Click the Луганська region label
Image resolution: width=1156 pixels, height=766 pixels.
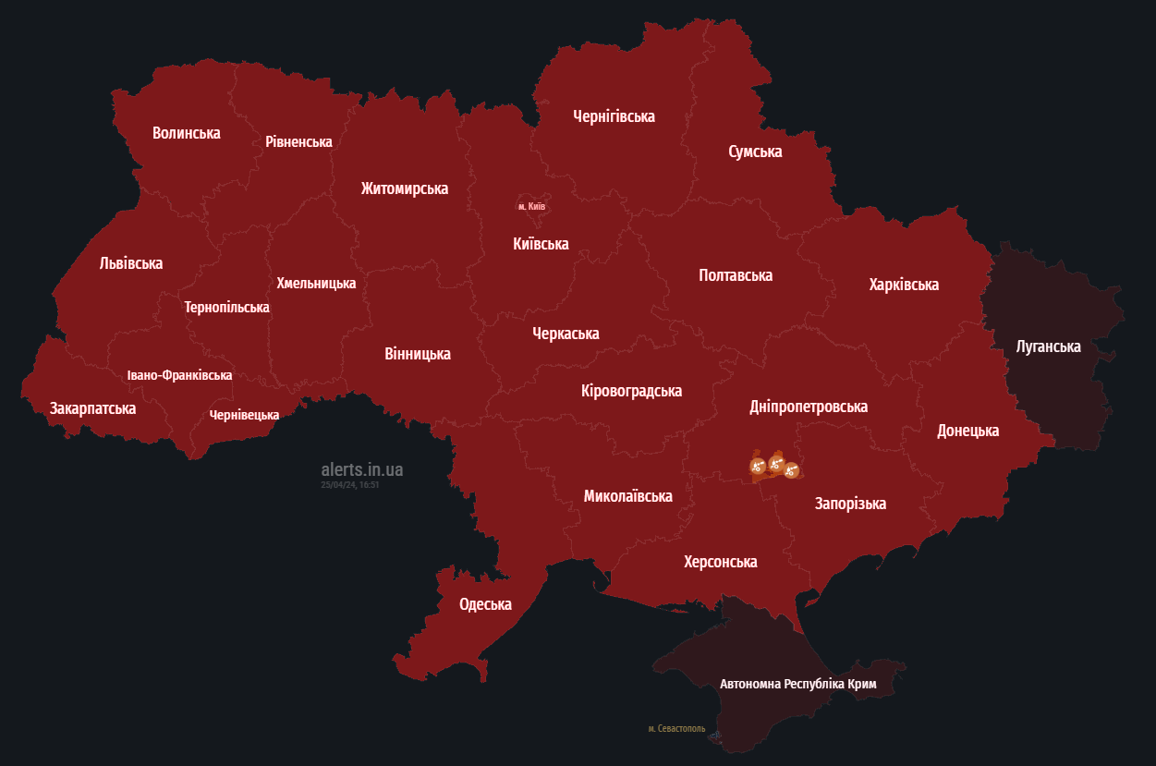1048,347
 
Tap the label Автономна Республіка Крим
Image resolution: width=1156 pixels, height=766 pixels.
797,685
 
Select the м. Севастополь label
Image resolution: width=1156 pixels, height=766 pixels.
676,729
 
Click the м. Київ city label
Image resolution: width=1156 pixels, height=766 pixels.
531,206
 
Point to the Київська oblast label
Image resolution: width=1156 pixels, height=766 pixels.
541,244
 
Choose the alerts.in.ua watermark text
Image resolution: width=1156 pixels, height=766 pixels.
361,469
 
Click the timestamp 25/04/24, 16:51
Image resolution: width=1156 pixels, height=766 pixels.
350,484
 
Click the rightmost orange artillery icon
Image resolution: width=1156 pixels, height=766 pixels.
791,470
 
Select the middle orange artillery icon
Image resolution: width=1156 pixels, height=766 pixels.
776,461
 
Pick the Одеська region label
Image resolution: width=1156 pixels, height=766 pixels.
485,604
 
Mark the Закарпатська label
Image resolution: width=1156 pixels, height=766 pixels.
92,407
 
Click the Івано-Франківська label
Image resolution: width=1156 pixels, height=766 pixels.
179,375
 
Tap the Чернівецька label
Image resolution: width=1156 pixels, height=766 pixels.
244,415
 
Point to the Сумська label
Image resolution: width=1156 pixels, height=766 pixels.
755,152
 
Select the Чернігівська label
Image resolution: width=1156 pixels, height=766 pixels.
614,116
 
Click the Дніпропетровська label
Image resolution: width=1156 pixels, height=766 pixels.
809,407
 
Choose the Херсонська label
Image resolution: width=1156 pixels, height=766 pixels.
720,562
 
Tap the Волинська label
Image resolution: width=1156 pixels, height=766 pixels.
186,133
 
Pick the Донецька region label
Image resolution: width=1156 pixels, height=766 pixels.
967,431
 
